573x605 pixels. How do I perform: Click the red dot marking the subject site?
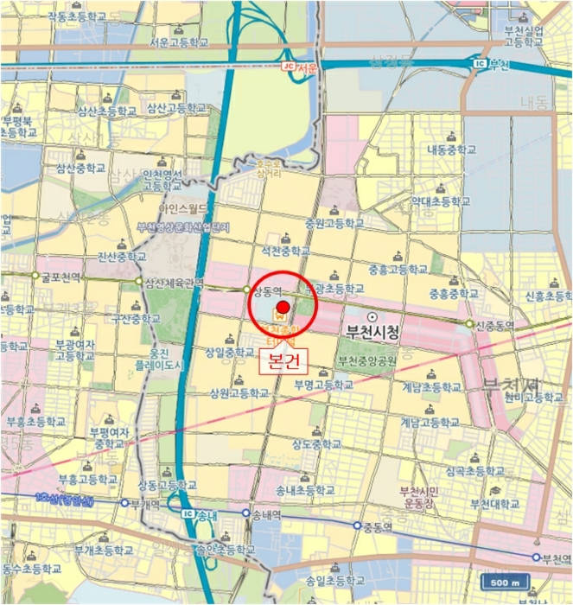283,307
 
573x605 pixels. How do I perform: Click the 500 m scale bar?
503,582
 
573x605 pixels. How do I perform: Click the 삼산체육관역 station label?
175,282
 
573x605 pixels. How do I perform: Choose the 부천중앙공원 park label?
367,360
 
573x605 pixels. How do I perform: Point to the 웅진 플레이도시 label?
166,359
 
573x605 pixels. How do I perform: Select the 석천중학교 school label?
285,251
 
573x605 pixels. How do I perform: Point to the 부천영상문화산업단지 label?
183,227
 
